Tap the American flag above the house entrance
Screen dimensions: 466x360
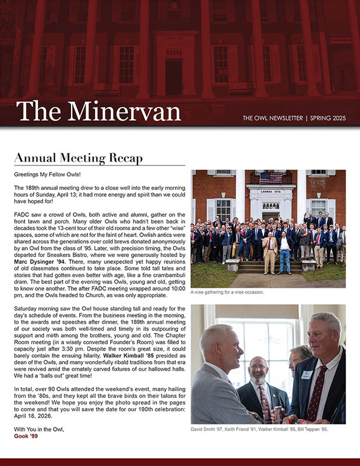(270, 177)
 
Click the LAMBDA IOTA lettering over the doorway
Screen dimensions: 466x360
(270, 190)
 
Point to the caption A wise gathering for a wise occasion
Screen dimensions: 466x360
(227, 292)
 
